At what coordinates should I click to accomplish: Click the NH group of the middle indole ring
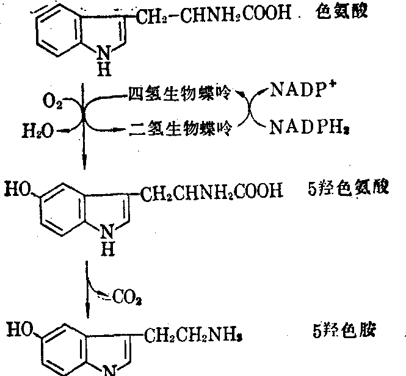click(x=106, y=239)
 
